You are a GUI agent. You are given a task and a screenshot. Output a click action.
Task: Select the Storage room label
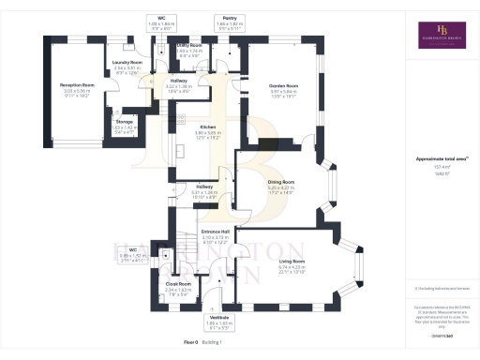(125, 122)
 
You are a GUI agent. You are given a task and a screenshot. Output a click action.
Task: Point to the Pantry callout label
(229, 17)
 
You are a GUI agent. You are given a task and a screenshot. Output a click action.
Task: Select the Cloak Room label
(178, 283)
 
